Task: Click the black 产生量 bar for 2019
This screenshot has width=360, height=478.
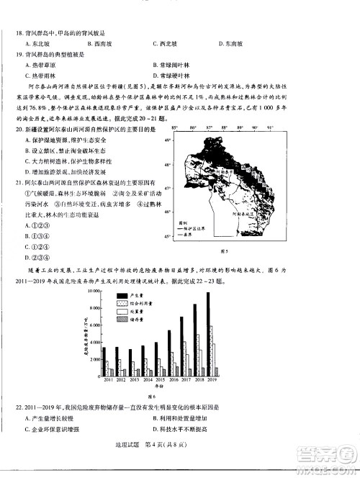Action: pos(209,333)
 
